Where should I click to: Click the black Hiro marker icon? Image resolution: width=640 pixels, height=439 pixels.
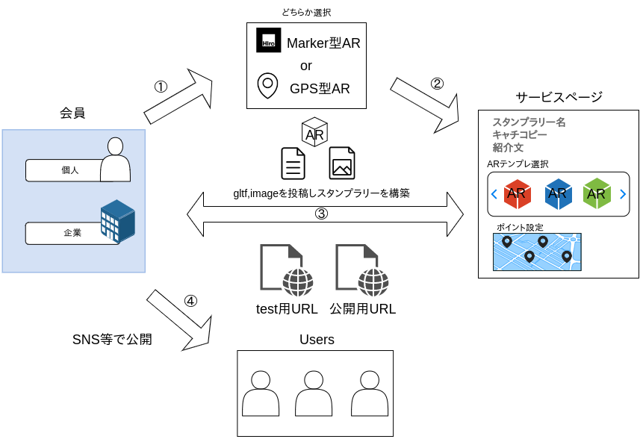coord(268,40)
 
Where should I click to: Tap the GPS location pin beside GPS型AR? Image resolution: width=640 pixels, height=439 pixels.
coord(267,86)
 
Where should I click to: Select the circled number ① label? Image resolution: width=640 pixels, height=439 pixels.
coord(161,86)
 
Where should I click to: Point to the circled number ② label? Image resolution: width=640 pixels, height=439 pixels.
coord(437,83)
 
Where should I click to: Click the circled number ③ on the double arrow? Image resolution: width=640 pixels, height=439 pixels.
coord(321,214)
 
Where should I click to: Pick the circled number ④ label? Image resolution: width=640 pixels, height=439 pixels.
coord(190,301)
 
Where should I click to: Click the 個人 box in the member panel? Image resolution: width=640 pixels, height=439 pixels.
coord(65,170)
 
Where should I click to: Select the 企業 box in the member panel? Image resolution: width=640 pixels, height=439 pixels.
coord(65,233)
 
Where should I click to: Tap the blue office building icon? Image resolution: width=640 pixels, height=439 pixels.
coord(117,219)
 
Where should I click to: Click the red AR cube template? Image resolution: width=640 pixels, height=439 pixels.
coord(516,193)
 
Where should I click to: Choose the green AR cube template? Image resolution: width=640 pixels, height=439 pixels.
coord(597,193)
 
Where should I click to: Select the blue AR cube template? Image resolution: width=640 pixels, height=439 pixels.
coord(557,193)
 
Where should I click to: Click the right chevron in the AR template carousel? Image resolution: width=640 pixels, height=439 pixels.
coord(623,194)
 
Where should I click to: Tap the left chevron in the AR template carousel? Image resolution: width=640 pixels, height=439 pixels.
coord(494,194)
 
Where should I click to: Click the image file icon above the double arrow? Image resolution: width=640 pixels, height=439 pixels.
coord(342,164)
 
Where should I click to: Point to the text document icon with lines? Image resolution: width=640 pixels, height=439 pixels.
coord(293,164)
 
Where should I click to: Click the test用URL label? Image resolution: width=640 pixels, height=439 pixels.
coord(287,309)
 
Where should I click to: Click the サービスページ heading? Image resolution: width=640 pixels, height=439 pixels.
coord(559,97)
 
